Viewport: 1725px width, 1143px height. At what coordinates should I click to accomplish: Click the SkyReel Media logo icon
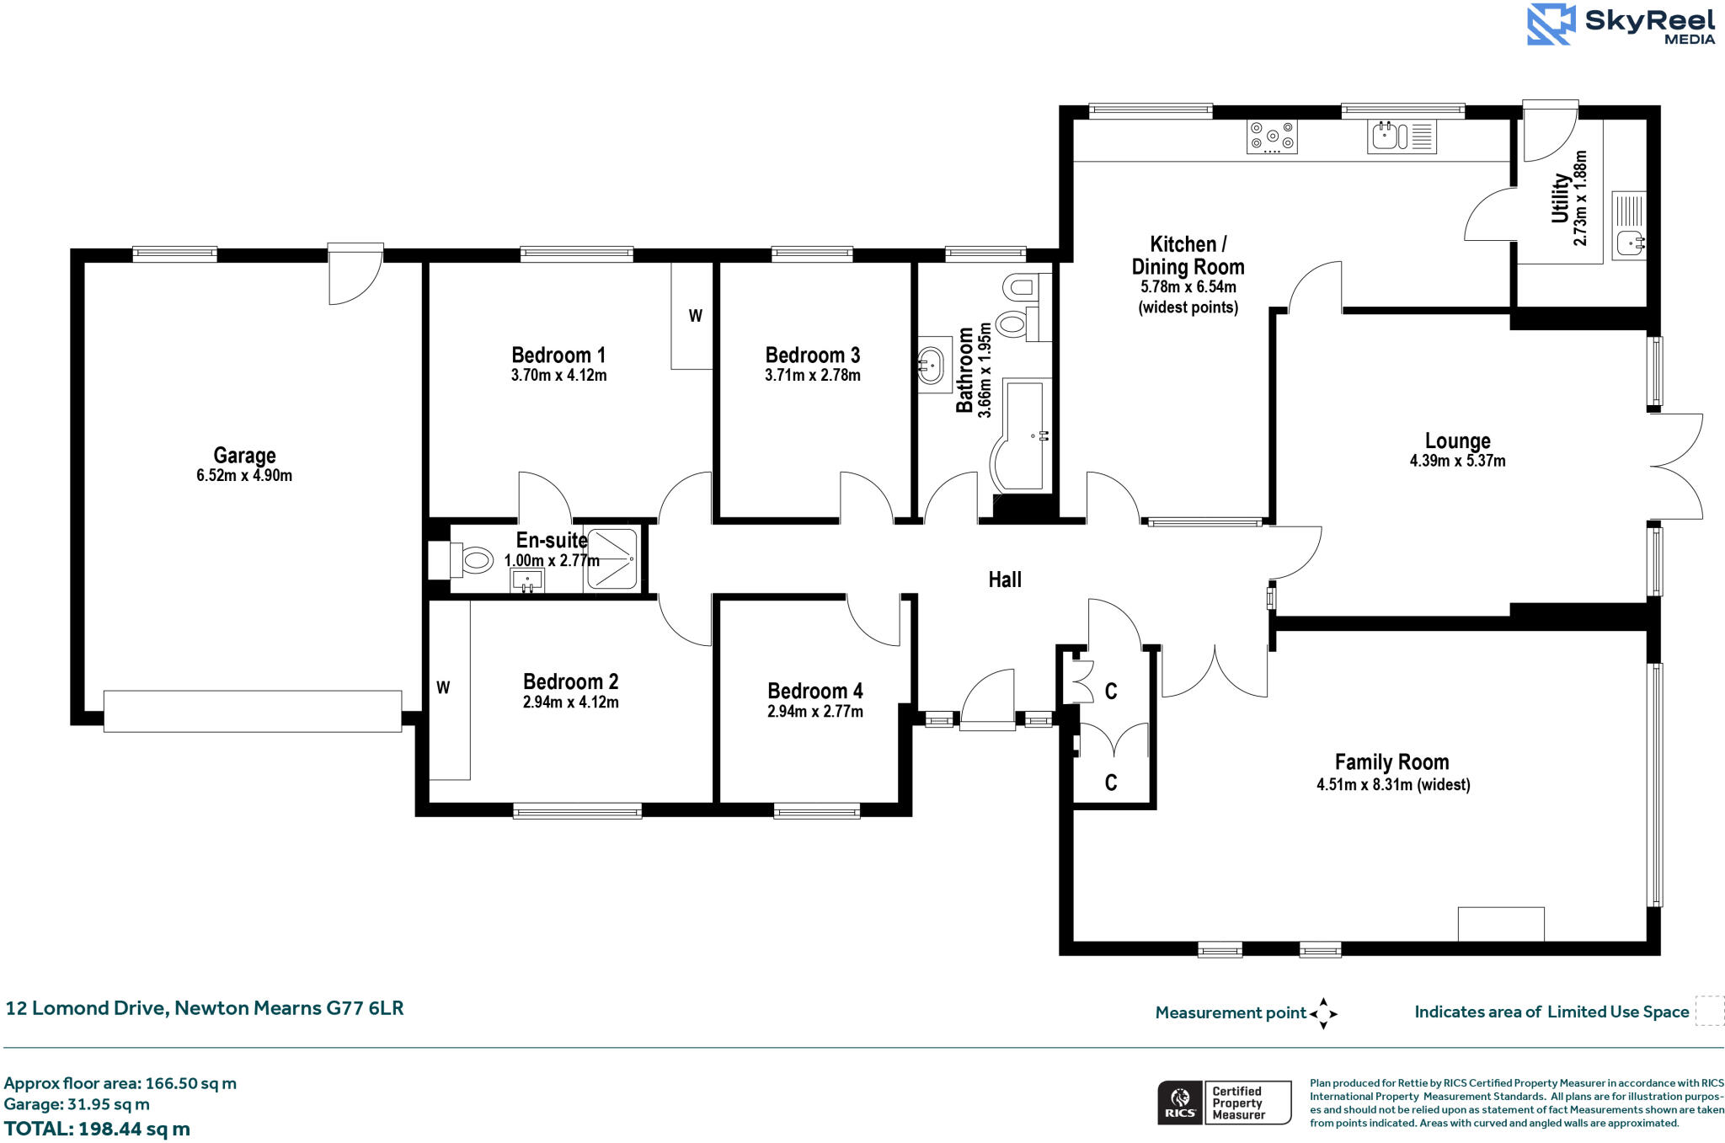pyautogui.click(x=1551, y=24)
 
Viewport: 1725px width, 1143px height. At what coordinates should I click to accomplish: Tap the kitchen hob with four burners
pyautogui.click(x=1272, y=136)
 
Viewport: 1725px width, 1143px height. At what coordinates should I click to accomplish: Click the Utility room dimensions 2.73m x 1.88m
pyautogui.click(x=1580, y=199)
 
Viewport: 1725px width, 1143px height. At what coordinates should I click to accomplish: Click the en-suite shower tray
pyautogui.click(x=612, y=558)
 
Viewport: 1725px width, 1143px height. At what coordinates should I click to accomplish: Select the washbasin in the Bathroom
pyautogui.click(x=931, y=365)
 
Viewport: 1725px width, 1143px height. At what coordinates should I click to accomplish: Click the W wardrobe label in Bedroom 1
pyautogui.click(x=695, y=317)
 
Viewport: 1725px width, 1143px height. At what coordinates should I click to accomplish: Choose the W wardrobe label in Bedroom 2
pyautogui.click(x=443, y=688)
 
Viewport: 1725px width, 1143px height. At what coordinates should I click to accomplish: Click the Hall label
pyautogui.click(x=1005, y=580)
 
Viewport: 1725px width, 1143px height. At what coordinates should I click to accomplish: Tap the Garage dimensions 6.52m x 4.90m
pyautogui.click(x=244, y=476)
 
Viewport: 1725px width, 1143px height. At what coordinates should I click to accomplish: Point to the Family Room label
pyautogui.click(x=1391, y=762)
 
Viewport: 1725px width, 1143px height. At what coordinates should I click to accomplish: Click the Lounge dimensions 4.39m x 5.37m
pyautogui.click(x=1457, y=462)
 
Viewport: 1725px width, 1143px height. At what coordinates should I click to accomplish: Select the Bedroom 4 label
pyautogui.click(x=814, y=692)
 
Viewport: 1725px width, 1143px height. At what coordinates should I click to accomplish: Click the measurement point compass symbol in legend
pyautogui.click(x=1323, y=1013)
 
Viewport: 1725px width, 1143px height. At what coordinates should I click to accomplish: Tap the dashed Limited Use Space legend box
pyautogui.click(x=1709, y=1011)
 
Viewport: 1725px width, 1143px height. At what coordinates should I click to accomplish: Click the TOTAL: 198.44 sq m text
pyautogui.click(x=97, y=1129)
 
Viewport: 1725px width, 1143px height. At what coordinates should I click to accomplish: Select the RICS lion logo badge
pyautogui.click(x=1181, y=1103)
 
